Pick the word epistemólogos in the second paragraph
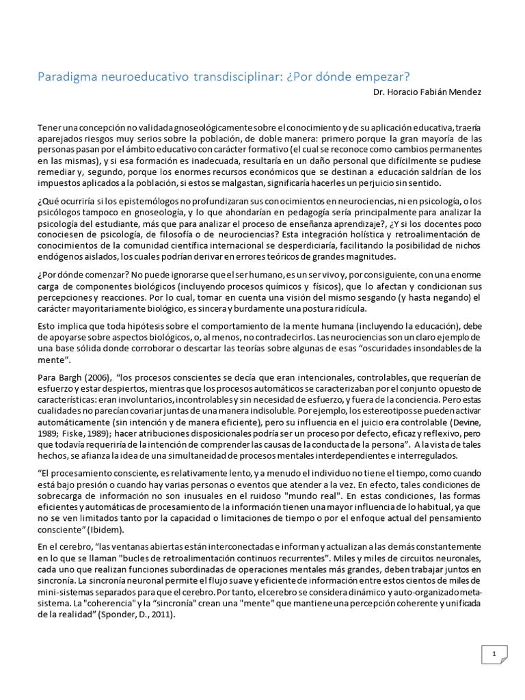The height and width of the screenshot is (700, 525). pos(146,202)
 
